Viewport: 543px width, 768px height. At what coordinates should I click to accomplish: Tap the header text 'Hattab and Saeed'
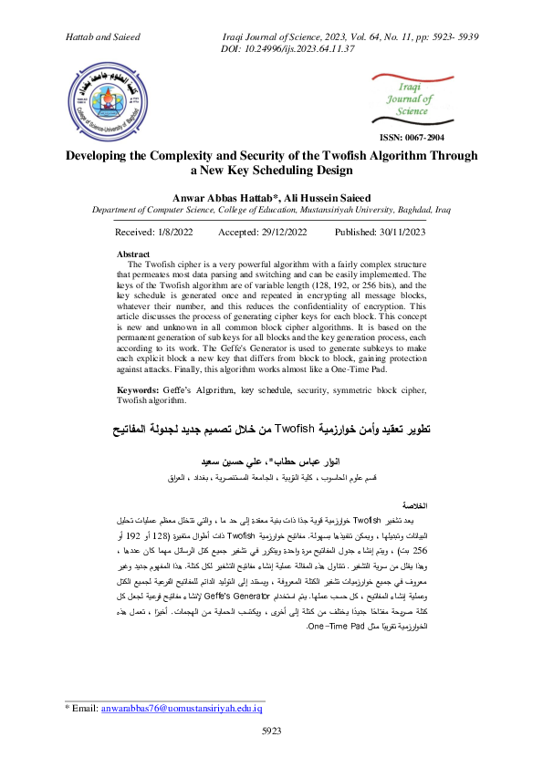coord(103,36)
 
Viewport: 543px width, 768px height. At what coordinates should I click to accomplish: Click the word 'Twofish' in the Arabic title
coord(298,428)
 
